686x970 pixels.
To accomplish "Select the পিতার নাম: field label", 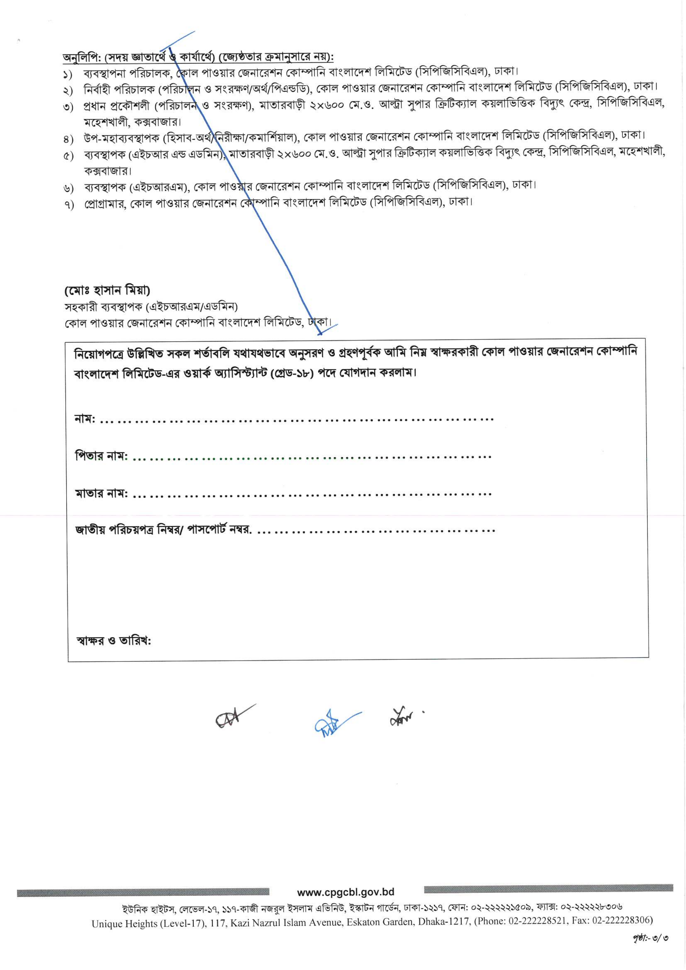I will [x=101, y=456].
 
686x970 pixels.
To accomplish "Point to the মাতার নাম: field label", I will [x=101, y=493].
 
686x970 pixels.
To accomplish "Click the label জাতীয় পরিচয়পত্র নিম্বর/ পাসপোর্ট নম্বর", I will [x=163, y=530].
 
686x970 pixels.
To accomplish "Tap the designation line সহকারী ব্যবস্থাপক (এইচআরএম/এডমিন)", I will [x=151, y=306].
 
